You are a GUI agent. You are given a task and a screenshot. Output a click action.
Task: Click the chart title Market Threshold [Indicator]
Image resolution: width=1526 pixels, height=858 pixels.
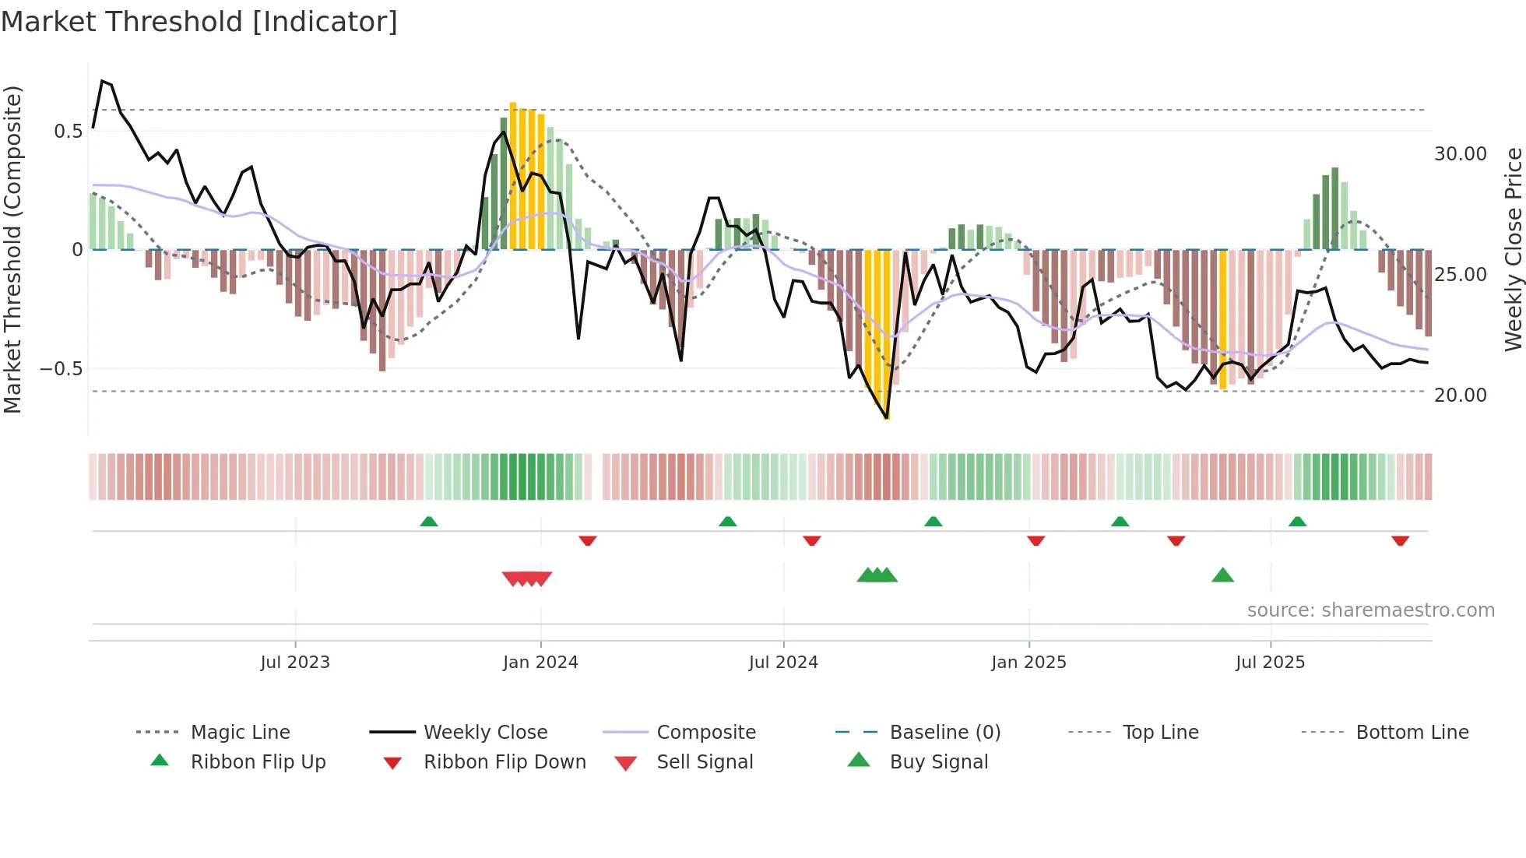pyautogui.click(x=199, y=22)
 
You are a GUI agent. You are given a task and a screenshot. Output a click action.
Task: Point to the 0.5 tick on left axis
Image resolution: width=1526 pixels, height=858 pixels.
pyautogui.click(x=68, y=131)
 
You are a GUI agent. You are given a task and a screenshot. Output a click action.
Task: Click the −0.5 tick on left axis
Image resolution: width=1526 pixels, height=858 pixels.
pyautogui.click(x=62, y=368)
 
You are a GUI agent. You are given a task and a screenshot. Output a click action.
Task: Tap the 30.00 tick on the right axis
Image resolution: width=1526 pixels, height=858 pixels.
pyautogui.click(x=1460, y=154)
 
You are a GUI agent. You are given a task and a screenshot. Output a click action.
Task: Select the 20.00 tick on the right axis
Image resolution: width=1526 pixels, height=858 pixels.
pyautogui.click(x=1460, y=396)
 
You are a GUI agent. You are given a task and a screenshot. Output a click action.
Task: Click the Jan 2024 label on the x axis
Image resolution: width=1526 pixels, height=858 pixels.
pyautogui.click(x=540, y=663)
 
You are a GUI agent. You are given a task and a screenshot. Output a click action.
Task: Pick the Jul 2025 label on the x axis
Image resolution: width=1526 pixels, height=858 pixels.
pyautogui.click(x=1270, y=663)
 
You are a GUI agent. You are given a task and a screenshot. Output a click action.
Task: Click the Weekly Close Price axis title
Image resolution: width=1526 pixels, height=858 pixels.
pyautogui.click(x=1512, y=249)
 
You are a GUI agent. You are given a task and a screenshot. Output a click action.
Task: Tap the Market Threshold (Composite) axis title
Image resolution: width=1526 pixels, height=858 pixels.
pyautogui.click(x=12, y=249)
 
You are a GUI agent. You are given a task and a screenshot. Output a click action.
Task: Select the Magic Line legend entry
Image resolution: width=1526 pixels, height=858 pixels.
pyautogui.click(x=240, y=733)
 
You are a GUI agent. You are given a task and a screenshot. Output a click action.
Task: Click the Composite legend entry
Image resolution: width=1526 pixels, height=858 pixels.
pyautogui.click(x=705, y=733)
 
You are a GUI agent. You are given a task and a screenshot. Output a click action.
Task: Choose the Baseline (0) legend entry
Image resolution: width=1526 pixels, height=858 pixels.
pyautogui.click(x=944, y=733)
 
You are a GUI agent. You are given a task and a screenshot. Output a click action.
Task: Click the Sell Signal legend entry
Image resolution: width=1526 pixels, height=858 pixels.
pyautogui.click(x=704, y=762)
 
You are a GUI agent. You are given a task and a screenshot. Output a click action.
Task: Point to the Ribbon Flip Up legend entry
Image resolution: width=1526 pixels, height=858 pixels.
pyautogui.click(x=258, y=762)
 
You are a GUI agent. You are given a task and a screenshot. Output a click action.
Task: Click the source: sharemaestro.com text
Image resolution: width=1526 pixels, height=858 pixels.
pyautogui.click(x=1370, y=610)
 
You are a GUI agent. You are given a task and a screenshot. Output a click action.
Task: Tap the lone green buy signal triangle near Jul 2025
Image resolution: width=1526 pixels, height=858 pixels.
pyautogui.click(x=1222, y=576)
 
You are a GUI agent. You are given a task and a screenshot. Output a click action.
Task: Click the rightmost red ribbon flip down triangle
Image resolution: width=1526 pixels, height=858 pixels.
pyautogui.click(x=1400, y=540)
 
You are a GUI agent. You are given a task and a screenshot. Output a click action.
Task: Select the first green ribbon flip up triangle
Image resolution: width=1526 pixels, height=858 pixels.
pyautogui.click(x=428, y=522)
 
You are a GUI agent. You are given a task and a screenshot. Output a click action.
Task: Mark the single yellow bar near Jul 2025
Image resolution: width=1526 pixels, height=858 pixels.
pyautogui.click(x=1222, y=319)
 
